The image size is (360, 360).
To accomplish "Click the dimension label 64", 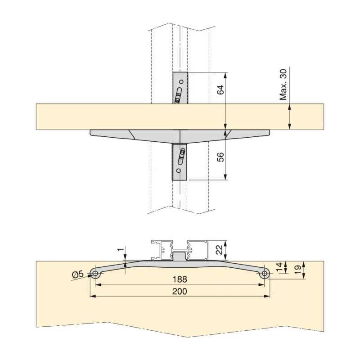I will (x=220, y=89).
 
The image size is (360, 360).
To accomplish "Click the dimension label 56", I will (x=220, y=157).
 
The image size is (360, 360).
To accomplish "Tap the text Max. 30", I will (x=283, y=85).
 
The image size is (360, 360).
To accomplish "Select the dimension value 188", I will (x=180, y=279).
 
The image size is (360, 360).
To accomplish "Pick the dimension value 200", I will (x=180, y=291).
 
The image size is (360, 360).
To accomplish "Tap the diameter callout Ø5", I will (x=77, y=274).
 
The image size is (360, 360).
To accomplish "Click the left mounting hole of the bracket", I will (x=95, y=273).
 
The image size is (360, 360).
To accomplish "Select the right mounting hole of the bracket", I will (x=265, y=273).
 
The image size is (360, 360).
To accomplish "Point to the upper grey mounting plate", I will (x=180, y=88).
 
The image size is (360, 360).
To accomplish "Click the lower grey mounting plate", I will (x=180, y=162).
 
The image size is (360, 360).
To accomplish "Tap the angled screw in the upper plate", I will (x=178, y=96).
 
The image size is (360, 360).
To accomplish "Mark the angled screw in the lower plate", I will (x=182, y=156).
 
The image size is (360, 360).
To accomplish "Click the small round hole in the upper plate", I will (x=181, y=82).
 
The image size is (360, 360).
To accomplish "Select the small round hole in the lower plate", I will (x=179, y=171).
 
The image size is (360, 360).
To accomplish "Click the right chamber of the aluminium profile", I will (x=197, y=250).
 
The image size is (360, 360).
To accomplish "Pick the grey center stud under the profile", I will (x=180, y=256).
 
